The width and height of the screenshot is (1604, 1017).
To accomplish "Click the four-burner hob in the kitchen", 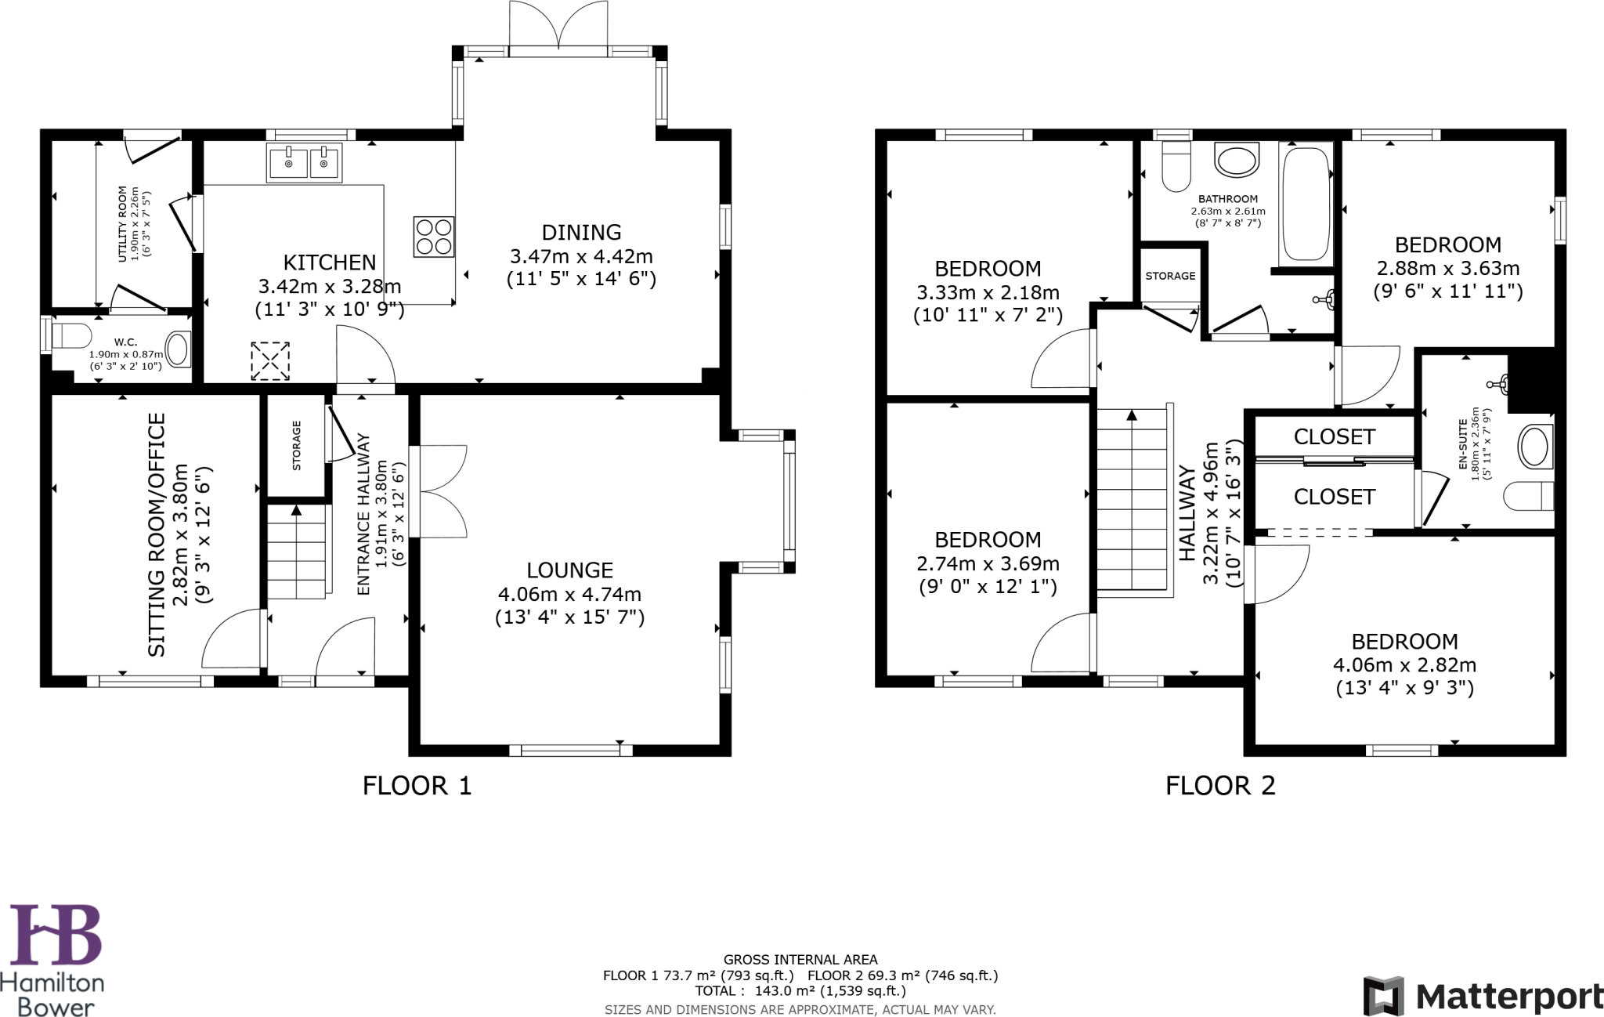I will coord(433,237).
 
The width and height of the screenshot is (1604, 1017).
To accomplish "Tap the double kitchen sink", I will coord(304,163).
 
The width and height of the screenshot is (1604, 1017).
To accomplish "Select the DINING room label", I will coord(581,232).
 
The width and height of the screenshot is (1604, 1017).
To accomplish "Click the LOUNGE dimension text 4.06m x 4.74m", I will coord(569,594).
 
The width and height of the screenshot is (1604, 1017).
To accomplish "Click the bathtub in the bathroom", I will coord(1306,204).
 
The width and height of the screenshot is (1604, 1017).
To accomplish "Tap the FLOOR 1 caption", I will coord(417,785).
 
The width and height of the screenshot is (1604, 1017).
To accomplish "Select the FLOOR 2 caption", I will coord(1220,785).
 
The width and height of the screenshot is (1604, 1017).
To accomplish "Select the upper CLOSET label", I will coord(1334,436).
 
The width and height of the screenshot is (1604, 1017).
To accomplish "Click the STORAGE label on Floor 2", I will coord(1170,276).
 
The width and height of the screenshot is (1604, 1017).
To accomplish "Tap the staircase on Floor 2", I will coord(1132,501).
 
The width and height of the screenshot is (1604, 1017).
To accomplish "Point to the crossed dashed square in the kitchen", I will coord(270,360).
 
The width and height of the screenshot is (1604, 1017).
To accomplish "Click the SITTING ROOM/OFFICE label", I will coord(157,534).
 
